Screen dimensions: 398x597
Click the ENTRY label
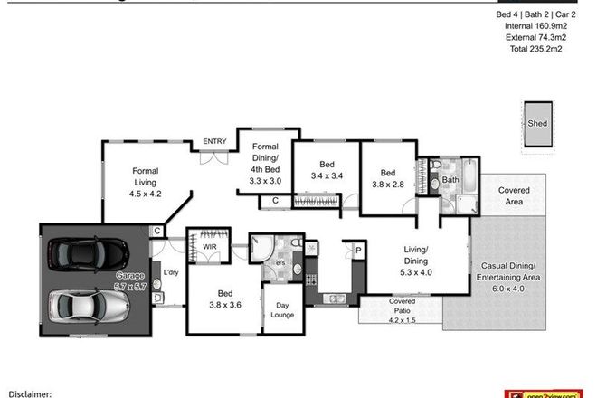pos(214,141)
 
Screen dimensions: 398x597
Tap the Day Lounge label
pos(280,309)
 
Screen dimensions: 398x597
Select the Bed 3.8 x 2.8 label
pos(387,179)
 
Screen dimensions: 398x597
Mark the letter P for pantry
pos(358,251)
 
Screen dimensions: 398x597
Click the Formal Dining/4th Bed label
pos(265,164)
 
